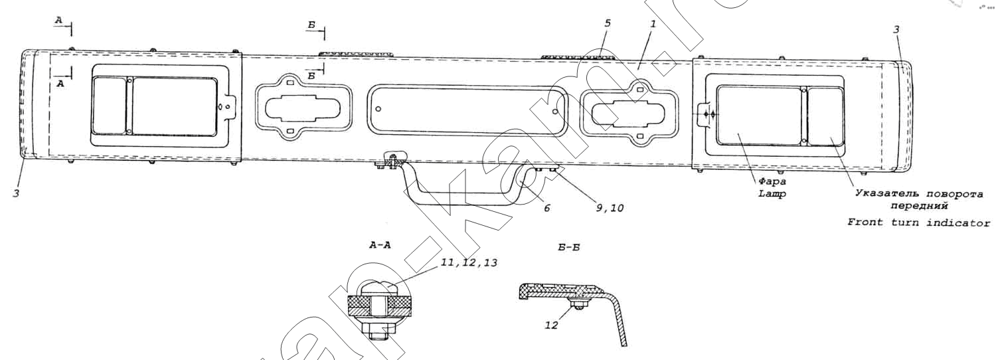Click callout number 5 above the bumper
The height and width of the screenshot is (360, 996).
[x=608, y=24]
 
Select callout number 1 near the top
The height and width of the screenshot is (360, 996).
[x=653, y=24]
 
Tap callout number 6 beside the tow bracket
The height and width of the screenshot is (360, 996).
[x=547, y=208]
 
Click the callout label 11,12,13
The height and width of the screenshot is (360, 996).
[x=469, y=263]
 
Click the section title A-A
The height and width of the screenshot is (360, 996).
[x=380, y=245]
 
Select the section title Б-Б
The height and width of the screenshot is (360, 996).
[x=568, y=247]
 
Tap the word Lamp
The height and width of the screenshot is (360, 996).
[x=772, y=193]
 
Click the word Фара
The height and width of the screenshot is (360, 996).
[x=773, y=181]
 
